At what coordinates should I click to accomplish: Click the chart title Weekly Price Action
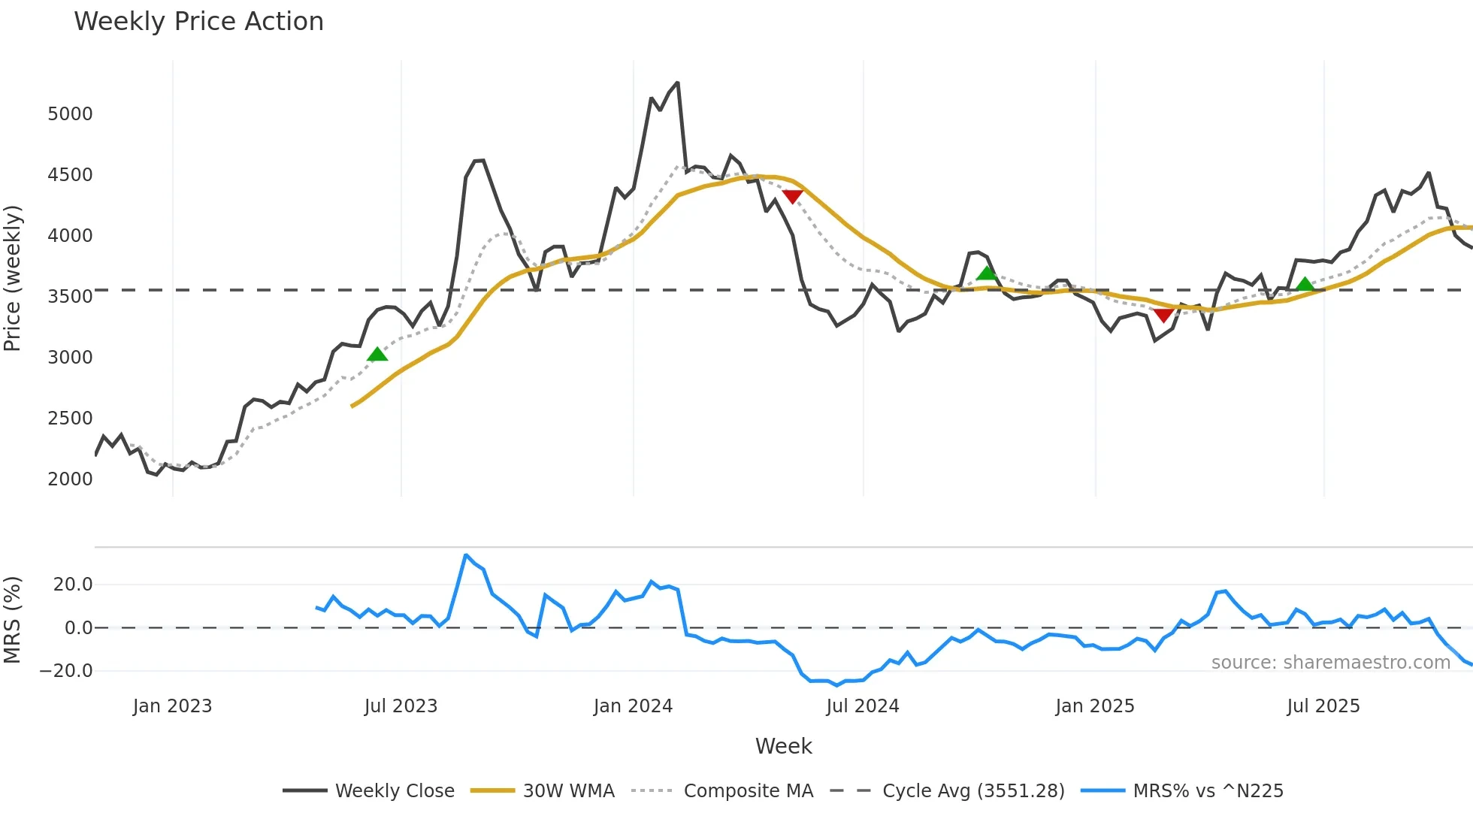[x=198, y=22]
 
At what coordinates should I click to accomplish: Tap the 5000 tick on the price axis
[x=70, y=114]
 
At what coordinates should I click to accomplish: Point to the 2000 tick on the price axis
[x=70, y=479]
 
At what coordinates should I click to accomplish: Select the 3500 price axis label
[x=70, y=297]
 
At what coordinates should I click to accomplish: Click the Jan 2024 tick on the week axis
[x=633, y=706]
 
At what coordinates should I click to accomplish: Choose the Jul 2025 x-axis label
[x=1323, y=706]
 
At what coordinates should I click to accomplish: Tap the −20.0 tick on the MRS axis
[x=66, y=671]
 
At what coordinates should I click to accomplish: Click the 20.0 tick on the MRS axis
[x=72, y=585]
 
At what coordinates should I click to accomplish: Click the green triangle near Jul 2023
[x=377, y=354]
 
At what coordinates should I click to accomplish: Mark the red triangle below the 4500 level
[x=792, y=196]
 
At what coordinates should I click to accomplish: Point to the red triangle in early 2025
[x=1163, y=316]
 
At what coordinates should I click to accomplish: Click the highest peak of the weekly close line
[x=677, y=83]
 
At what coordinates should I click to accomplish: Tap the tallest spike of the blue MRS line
[x=466, y=555]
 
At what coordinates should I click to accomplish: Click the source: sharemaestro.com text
[x=1330, y=663]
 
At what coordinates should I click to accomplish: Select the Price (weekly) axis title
[x=13, y=279]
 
